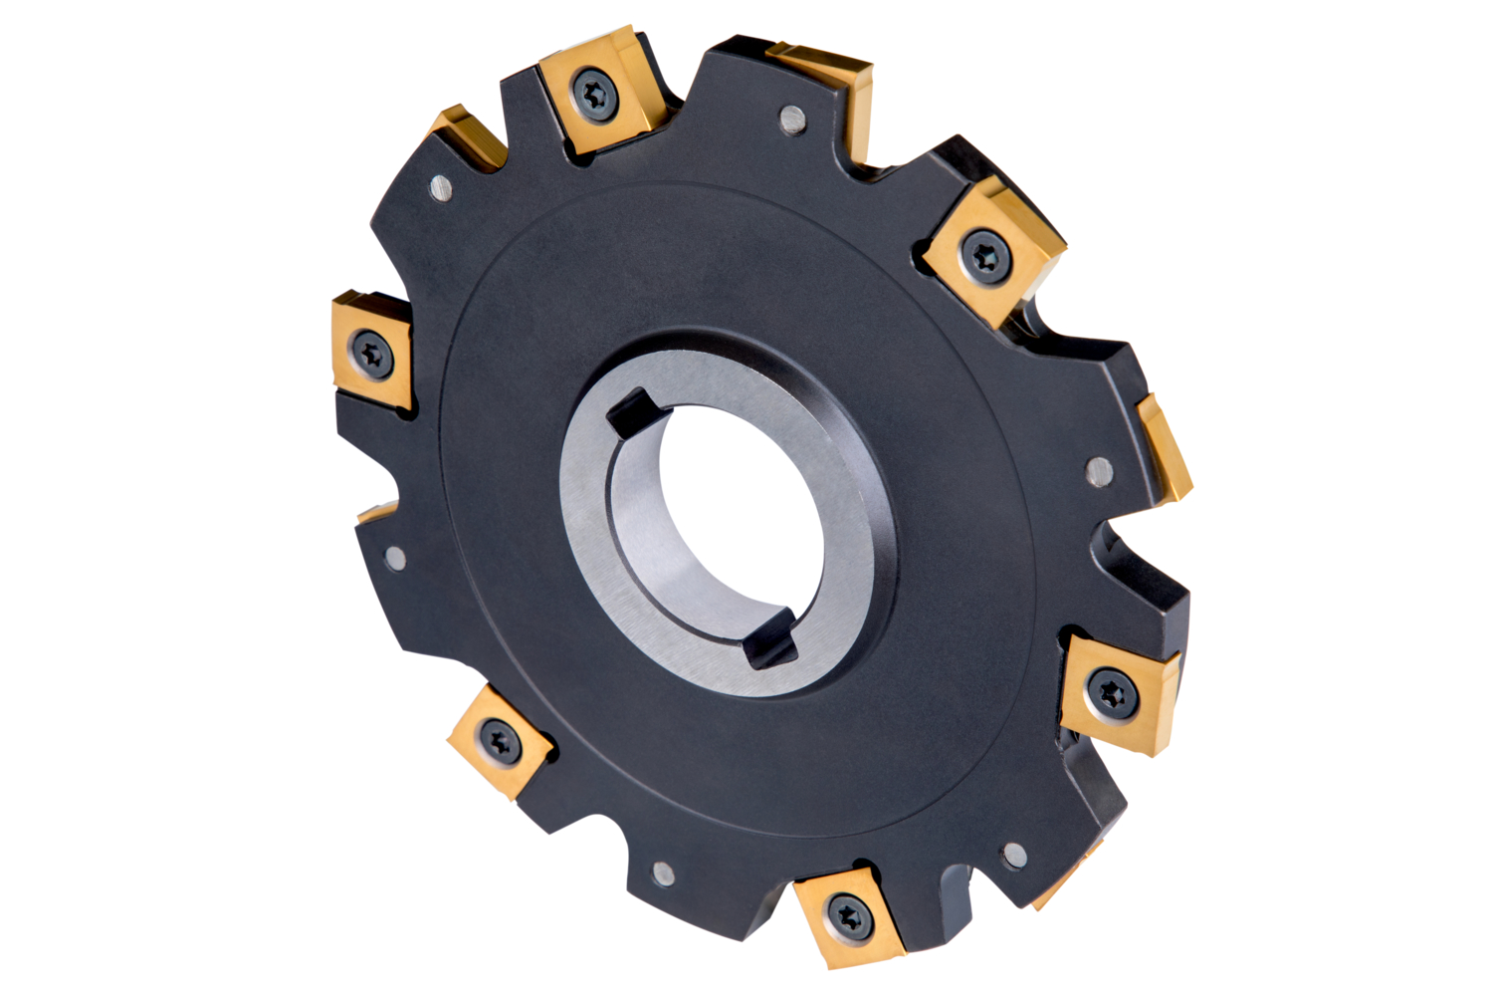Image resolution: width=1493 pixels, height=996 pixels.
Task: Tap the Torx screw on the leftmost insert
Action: [x=371, y=352]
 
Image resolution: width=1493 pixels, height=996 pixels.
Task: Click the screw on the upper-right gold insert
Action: [x=986, y=253]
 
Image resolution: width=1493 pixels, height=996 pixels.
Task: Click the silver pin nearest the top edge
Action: [x=792, y=120]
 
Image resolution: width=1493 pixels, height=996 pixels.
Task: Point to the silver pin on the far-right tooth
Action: [x=1099, y=470]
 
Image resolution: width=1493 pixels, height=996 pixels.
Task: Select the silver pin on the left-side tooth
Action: [x=395, y=557]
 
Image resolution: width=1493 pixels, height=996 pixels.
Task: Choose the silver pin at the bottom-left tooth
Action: [x=663, y=873]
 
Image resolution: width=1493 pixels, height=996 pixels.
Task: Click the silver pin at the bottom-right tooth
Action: [x=1014, y=855]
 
